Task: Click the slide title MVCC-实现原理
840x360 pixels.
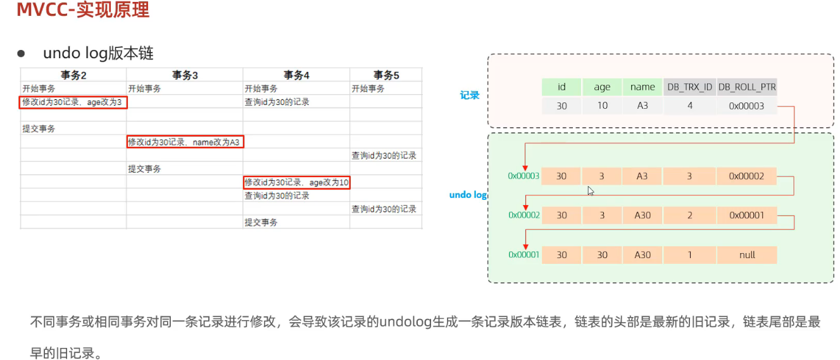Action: pyautogui.click(x=83, y=11)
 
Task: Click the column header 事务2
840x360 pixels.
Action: pyautogui.click(x=73, y=75)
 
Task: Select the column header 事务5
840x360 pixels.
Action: pyautogui.click(x=386, y=75)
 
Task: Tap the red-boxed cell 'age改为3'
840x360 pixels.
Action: pyautogui.click(x=73, y=102)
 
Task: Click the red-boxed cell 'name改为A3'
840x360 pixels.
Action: pyautogui.click(x=185, y=142)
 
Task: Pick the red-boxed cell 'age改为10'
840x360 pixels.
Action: pyautogui.click(x=297, y=182)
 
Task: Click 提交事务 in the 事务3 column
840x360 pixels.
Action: pyautogui.click(x=144, y=169)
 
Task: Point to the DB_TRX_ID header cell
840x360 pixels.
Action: pyautogui.click(x=689, y=87)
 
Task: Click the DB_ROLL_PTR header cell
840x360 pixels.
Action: pyautogui.click(x=747, y=87)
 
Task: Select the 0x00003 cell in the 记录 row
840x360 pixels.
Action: pyautogui.click(x=747, y=106)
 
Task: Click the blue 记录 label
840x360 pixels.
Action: pyautogui.click(x=470, y=96)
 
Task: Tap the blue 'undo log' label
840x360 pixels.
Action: pyautogui.click(x=468, y=195)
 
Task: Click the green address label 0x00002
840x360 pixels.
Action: pyautogui.click(x=523, y=215)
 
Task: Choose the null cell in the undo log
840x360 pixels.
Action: pyautogui.click(x=747, y=254)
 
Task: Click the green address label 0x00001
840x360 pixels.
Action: pyautogui.click(x=523, y=254)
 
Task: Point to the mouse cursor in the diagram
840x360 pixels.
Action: pyautogui.click(x=591, y=190)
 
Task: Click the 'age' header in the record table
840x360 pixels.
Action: pyautogui.click(x=602, y=87)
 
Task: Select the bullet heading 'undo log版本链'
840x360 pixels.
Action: pyautogui.click(x=98, y=53)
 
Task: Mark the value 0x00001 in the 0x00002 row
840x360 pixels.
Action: pyautogui.click(x=747, y=215)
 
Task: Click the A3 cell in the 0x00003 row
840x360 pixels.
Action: pyautogui.click(x=642, y=176)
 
